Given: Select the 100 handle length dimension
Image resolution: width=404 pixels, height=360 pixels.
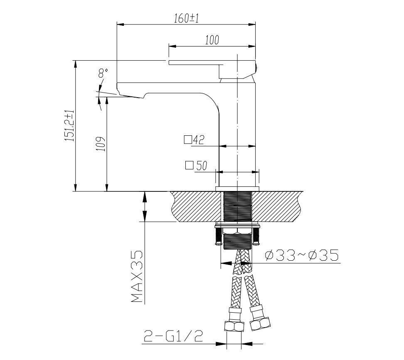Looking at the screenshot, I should point(212,40).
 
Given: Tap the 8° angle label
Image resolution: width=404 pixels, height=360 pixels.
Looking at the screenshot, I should point(103,74).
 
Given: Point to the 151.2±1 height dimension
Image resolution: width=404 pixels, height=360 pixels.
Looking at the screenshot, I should point(69,126).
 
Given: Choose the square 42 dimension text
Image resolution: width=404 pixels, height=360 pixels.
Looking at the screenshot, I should point(195,140).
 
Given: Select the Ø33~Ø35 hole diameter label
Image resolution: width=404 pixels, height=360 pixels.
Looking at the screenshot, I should point(301,255).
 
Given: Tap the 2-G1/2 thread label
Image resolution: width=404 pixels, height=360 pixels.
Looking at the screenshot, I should point(173,336).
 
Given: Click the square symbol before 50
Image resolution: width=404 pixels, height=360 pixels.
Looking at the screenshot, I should point(189,166).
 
